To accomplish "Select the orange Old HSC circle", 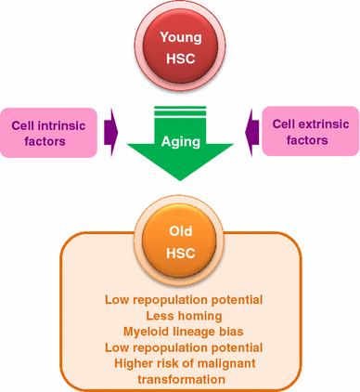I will coord(180,240).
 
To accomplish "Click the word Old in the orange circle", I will coord(181,229).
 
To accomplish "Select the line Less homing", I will coord(181,316).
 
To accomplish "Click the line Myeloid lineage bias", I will coord(181,332).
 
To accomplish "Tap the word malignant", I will coord(228,363).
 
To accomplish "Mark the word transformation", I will coord(181,379).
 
